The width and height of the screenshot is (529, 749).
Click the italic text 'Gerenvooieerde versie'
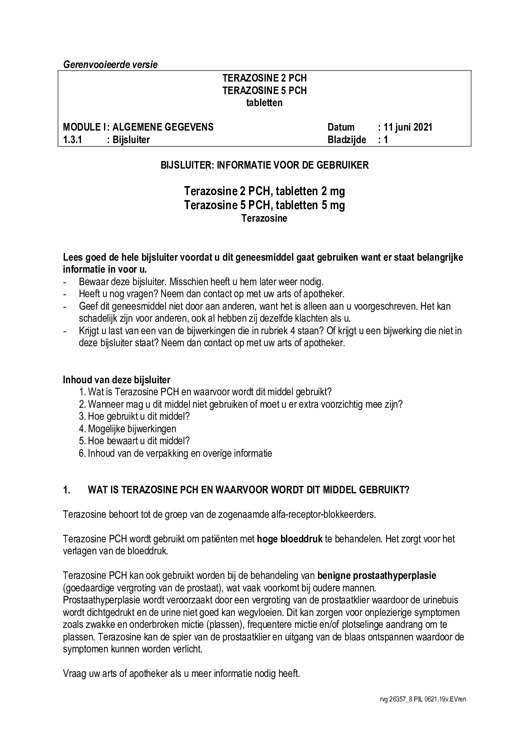110,65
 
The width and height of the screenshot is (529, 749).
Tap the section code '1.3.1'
73,140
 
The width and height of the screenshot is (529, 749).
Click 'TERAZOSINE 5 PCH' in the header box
264,91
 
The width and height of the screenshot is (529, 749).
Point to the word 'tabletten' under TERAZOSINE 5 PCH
264,103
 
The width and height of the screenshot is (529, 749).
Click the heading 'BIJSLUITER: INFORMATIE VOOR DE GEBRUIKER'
264,165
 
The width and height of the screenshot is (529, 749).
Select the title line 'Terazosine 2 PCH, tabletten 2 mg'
264,192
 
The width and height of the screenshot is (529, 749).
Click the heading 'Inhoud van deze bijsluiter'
116,380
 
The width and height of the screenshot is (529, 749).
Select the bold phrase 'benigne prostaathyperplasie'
376,575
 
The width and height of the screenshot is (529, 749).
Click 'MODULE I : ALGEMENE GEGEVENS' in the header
138,127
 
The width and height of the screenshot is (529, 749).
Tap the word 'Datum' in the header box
341,127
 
